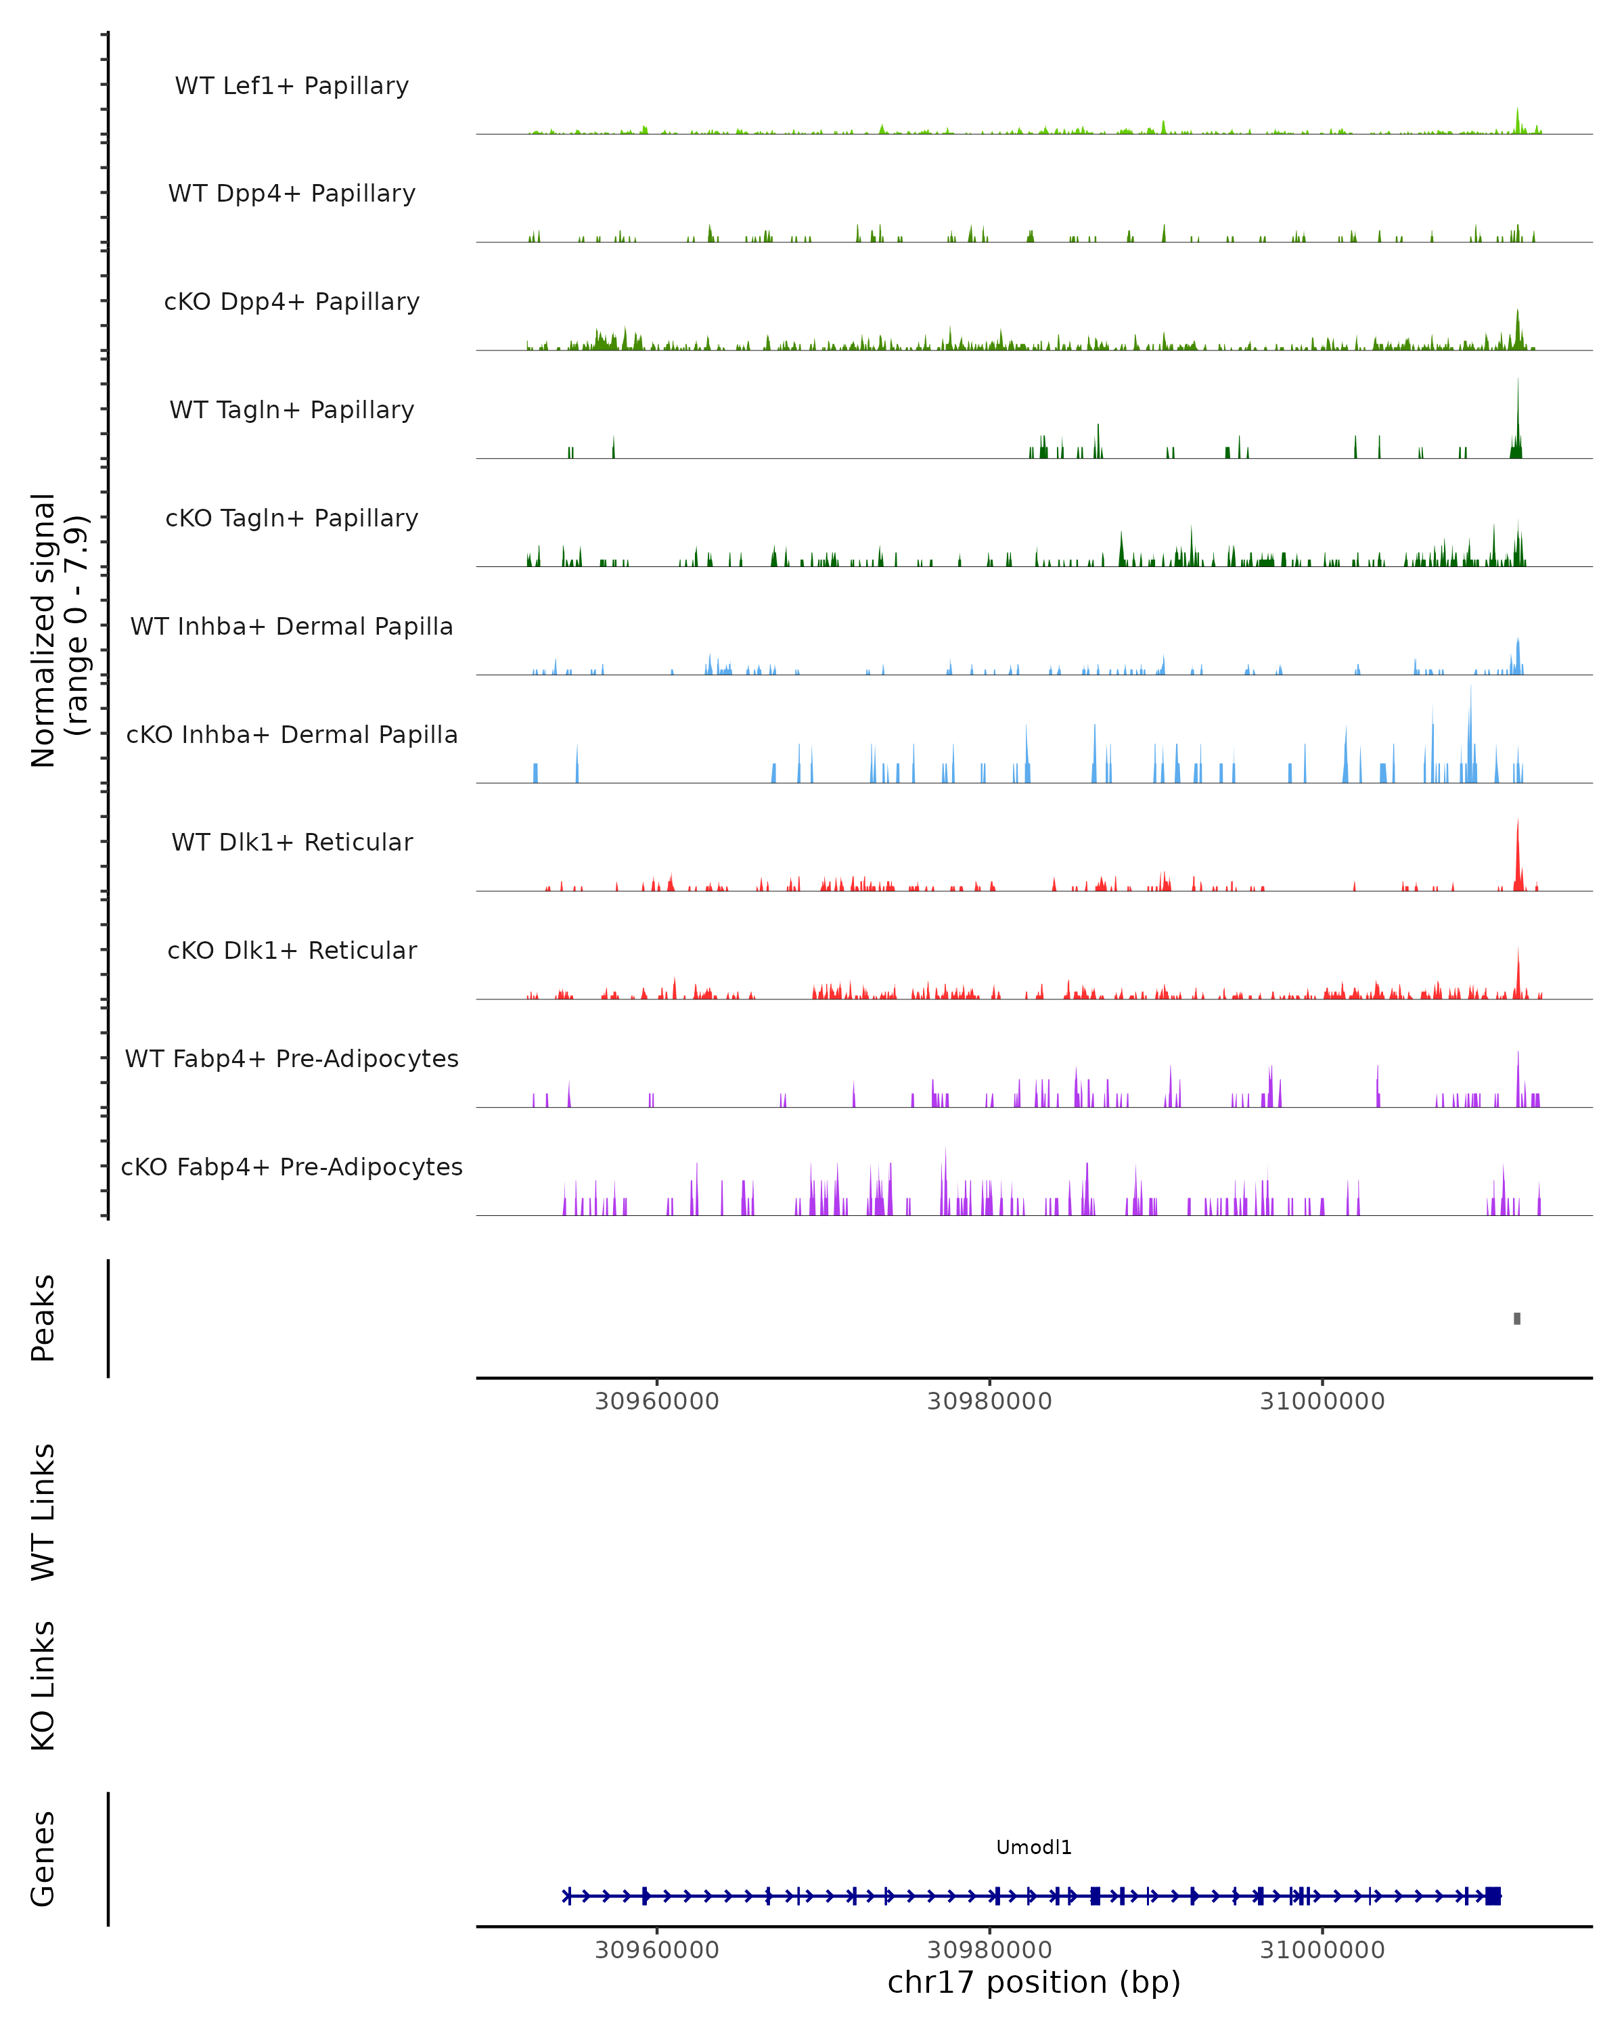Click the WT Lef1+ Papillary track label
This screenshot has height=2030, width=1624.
pyautogui.click(x=292, y=86)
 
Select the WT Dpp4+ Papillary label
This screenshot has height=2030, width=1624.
pyautogui.click(x=292, y=193)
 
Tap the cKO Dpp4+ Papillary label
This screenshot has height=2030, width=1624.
pyautogui.click(x=292, y=301)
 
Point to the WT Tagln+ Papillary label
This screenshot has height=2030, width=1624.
pyautogui.click(x=292, y=409)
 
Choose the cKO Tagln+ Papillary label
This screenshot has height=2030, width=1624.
pyautogui.click(x=292, y=518)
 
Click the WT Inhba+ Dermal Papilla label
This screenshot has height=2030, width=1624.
pyautogui.click(x=292, y=626)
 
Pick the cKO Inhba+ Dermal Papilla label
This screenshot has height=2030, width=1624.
pyautogui.click(x=292, y=734)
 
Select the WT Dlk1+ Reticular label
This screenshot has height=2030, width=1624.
pyautogui.click(x=292, y=842)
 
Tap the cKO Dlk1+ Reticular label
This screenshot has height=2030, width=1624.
pyautogui.click(x=292, y=950)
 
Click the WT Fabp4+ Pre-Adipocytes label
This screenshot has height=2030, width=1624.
pyautogui.click(x=292, y=1058)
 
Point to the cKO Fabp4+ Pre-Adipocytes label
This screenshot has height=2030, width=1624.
pyautogui.click(x=292, y=1167)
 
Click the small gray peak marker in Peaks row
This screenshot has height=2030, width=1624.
pyautogui.click(x=1516, y=1318)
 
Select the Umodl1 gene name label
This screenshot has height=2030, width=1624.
pyautogui.click(x=1034, y=1847)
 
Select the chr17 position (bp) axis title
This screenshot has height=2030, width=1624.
pyautogui.click(x=1034, y=1983)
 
